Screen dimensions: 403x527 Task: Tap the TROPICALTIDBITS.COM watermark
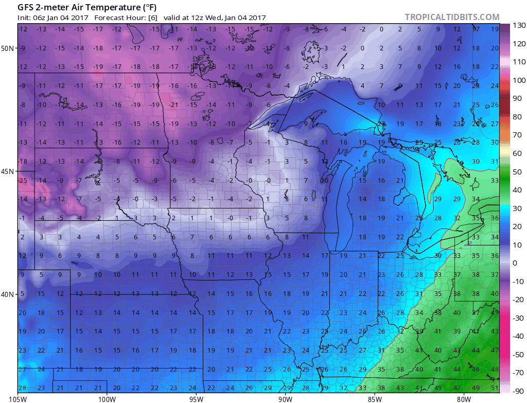(452, 17)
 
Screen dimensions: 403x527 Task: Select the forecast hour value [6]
(153, 17)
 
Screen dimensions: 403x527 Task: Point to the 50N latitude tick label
(8, 48)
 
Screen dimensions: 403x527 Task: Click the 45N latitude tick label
(8, 171)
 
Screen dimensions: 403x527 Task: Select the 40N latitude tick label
(8, 294)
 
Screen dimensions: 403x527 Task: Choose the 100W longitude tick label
(107, 398)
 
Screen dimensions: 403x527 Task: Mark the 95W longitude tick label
(196, 398)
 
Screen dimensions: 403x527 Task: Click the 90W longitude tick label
(286, 398)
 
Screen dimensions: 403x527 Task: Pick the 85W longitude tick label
(375, 398)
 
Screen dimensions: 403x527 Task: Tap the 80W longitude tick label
(464, 398)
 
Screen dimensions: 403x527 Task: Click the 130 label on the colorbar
(517, 26)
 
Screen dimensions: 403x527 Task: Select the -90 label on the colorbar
(517, 391)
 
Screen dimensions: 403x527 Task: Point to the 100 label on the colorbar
(517, 80)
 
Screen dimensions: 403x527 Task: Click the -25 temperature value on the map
(23, 181)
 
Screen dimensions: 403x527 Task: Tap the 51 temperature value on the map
(495, 388)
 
